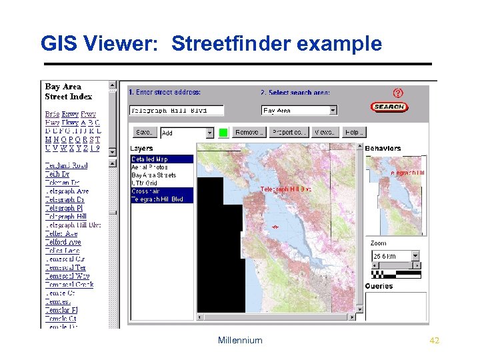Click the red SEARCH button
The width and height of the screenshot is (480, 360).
tap(389, 107)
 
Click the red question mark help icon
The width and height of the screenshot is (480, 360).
tap(398, 93)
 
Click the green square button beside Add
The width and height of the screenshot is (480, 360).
tap(223, 133)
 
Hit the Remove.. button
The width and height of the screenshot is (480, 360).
tap(250, 133)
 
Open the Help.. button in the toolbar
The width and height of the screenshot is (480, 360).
tap(354, 133)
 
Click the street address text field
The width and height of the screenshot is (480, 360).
tap(176, 110)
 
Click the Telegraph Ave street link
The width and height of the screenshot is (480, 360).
tap(67, 191)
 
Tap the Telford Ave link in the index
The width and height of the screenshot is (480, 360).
tap(63, 243)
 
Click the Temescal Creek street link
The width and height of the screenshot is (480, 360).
tap(69, 285)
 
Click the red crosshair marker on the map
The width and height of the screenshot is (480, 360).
tap(274, 227)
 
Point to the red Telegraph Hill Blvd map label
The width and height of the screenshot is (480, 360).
tap(285, 189)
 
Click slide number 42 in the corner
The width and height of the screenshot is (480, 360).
tap(435, 341)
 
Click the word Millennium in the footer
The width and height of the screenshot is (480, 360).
tap(240, 341)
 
